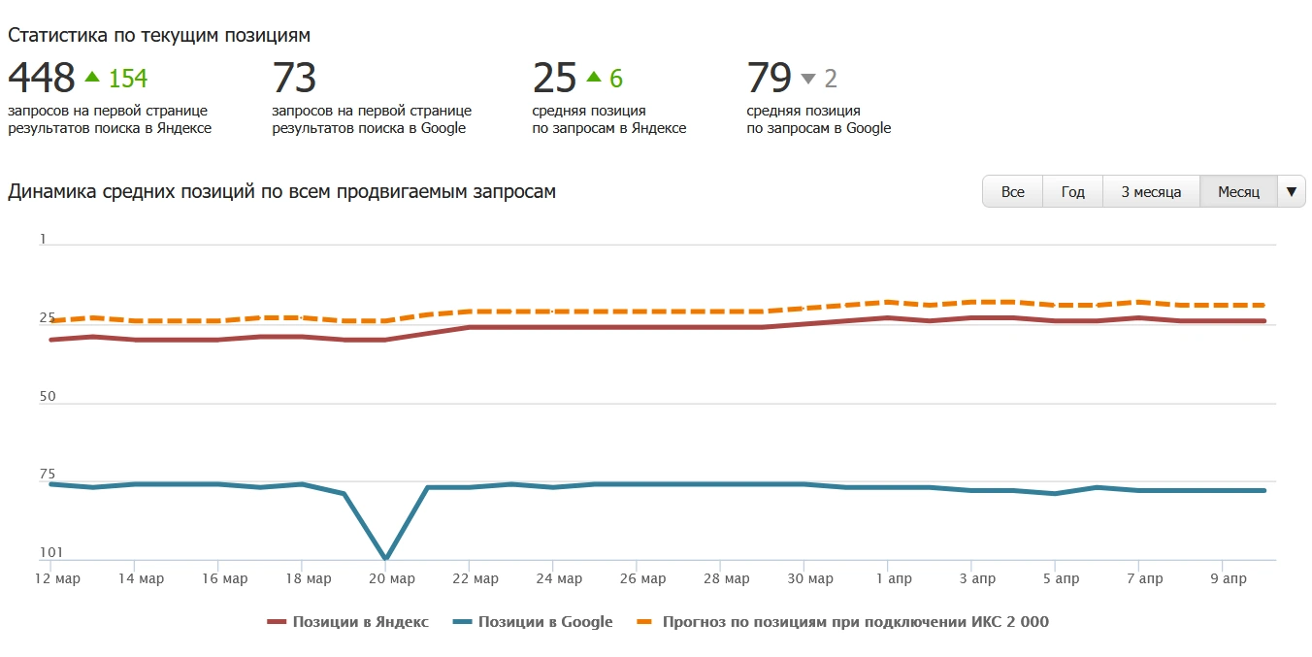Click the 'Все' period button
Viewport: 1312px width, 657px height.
click(x=1012, y=191)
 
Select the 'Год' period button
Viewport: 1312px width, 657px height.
click(x=1072, y=191)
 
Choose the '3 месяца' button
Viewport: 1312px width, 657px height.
click(x=1151, y=191)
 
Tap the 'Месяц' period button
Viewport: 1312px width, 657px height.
click(x=1238, y=191)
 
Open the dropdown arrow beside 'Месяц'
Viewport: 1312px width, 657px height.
click(x=1291, y=191)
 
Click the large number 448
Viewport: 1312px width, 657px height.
click(x=42, y=78)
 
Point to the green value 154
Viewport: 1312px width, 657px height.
click(x=128, y=79)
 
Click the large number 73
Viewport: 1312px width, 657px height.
click(x=294, y=78)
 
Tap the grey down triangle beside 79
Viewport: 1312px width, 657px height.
click(x=808, y=79)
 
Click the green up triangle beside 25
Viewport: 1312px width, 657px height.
click(x=594, y=77)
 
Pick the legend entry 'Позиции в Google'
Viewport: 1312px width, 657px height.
click(x=536, y=622)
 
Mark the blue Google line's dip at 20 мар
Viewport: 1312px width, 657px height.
click(x=385, y=558)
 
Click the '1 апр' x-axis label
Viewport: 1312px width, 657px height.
click(x=887, y=579)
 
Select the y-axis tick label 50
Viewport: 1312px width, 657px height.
click(x=48, y=397)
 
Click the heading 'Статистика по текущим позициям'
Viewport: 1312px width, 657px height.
click(x=159, y=35)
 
